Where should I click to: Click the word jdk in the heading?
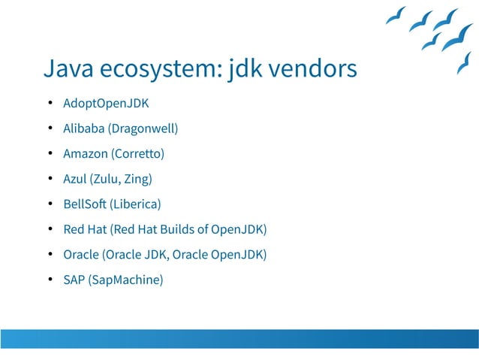(x=241, y=69)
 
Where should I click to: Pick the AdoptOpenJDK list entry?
(x=106, y=103)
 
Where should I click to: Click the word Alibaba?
(x=84, y=129)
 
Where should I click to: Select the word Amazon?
(x=86, y=154)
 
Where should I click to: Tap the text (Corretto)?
(x=137, y=154)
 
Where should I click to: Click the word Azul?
(x=75, y=179)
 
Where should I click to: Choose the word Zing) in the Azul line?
(x=138, y=179)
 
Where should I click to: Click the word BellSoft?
(x=85, y=204)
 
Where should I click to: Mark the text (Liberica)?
(x=136, y=204)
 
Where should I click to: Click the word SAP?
(x=74, y=280)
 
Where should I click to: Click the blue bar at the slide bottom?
(x=239, y=338)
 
